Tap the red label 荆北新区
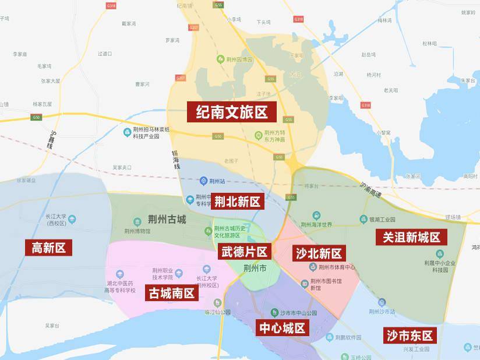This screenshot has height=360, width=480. (237, 202)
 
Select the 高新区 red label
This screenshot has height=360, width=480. (48, 248)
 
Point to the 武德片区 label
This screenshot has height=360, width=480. (244, 252)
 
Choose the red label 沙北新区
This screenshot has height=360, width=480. (318, 253)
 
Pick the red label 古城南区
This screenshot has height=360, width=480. (170, 292)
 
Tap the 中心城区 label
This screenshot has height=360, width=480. (282, 328)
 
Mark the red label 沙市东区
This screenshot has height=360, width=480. (410, 335)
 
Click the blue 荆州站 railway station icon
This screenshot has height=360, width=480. (203, 180)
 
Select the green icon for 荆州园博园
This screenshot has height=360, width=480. (219, 59)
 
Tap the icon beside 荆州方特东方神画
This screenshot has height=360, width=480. (259, 136)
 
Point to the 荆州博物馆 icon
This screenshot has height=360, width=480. (137, 221)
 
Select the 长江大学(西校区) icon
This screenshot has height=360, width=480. (72, 219)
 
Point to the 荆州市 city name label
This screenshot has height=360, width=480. (255, 269)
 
